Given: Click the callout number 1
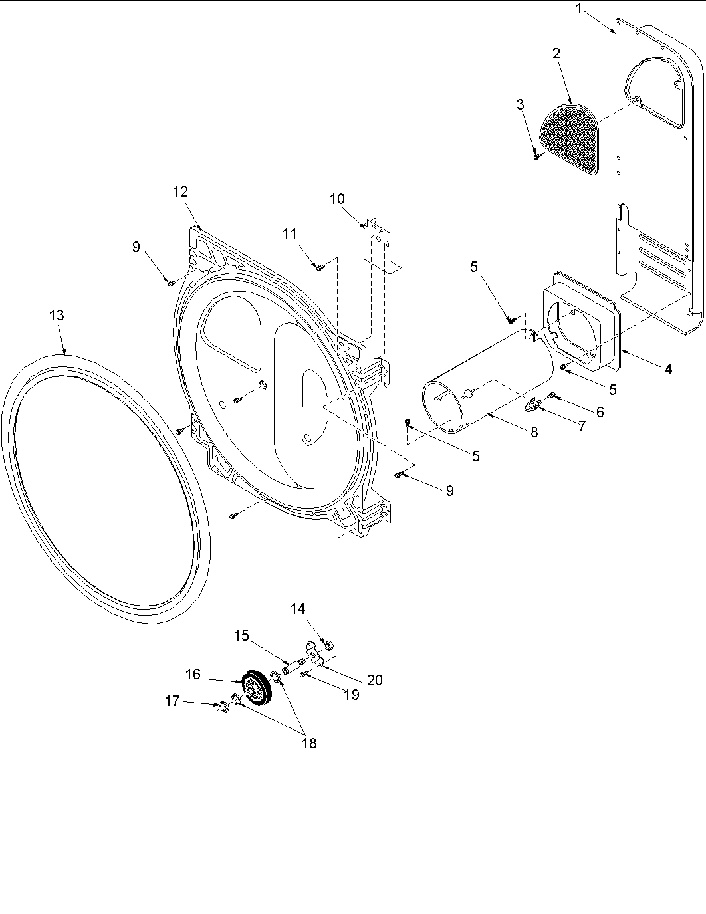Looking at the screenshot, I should point(580,9).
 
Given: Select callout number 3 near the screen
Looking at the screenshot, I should point(520,104).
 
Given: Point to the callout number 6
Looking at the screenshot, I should point(600,412).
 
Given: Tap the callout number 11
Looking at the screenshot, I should point(289,233).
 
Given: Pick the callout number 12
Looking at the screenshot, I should point(180,192).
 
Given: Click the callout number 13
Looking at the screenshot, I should point(57,315).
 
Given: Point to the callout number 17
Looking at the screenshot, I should point(172,701).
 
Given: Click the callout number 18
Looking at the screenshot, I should point(308,744).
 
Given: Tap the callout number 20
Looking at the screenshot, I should point(375,680).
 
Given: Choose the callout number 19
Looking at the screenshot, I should point(351,695).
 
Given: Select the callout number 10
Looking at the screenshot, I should point(337,199).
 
